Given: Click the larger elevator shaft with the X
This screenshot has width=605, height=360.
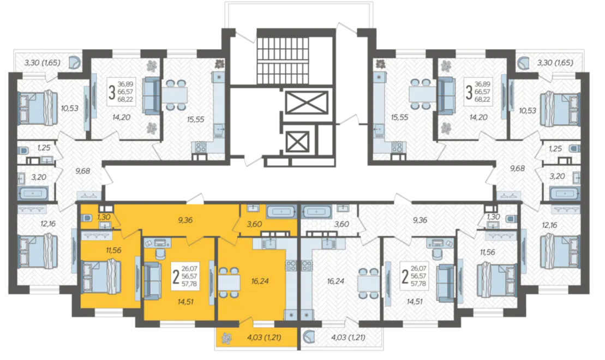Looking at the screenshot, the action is coord(307,102).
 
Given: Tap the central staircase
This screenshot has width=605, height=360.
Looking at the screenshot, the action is coord(283,60).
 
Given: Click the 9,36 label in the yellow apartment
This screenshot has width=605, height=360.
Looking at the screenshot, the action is coord(185,220).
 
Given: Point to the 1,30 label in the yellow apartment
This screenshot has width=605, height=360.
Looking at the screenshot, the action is coord(104,217).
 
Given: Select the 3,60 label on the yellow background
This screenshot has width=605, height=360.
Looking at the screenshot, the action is coord(254,224).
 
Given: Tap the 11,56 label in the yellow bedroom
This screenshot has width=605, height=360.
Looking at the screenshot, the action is coord(113,250).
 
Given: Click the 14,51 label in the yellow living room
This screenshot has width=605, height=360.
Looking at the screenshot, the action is coord(185,302).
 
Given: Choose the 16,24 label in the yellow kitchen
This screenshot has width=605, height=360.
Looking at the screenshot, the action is coord(260,281).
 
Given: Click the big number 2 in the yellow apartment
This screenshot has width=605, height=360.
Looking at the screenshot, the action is coord(176,277).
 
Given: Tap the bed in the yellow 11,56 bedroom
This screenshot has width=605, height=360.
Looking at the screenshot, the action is coord(101,277).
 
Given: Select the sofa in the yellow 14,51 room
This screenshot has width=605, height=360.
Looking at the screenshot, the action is coord(152,280).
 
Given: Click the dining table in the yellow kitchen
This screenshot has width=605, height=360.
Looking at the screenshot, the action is coord(229,281).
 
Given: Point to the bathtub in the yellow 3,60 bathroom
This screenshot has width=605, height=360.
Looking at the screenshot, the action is coord(281,212).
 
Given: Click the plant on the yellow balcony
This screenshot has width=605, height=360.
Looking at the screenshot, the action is coord(226,338).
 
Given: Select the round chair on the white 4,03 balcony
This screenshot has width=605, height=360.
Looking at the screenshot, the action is coord(309,337).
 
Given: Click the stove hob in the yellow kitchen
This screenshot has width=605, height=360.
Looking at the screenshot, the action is coord(291,266).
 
